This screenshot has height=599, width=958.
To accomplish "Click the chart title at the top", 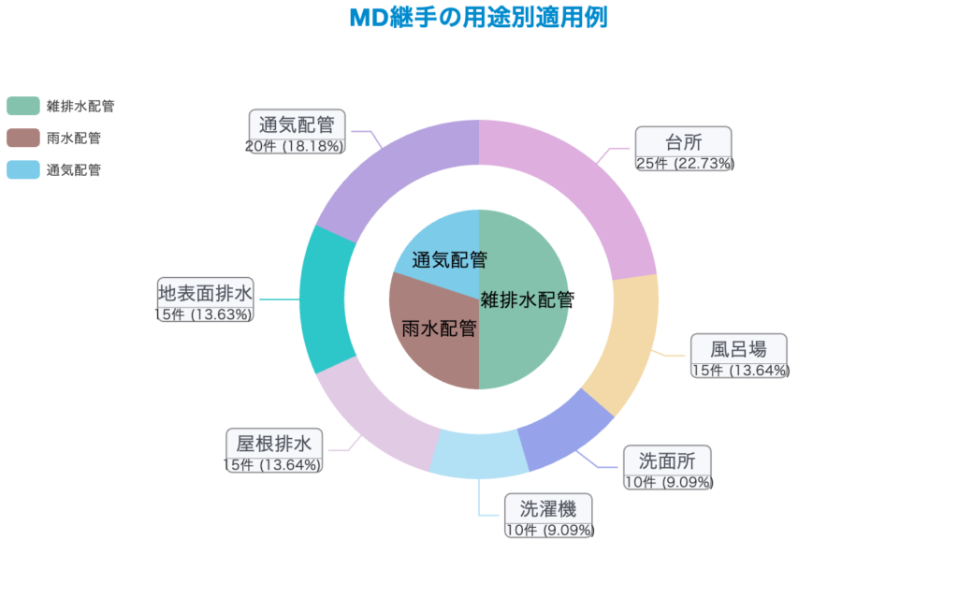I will (479, 18).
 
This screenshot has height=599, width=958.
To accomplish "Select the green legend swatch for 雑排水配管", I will (22, 106).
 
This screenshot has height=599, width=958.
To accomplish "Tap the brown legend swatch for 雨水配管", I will (22, 138).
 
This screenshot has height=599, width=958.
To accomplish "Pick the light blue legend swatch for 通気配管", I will (22, 169).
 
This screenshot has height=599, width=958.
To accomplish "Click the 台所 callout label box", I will (683, 142).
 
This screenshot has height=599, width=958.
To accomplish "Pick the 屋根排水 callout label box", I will (274, 443).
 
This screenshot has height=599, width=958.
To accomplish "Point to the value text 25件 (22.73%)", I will (685, 164).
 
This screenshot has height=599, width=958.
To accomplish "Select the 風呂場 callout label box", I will (738, 349).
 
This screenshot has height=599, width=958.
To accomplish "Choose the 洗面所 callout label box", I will (667, 460).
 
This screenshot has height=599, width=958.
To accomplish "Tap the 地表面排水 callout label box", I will (205, 292).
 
